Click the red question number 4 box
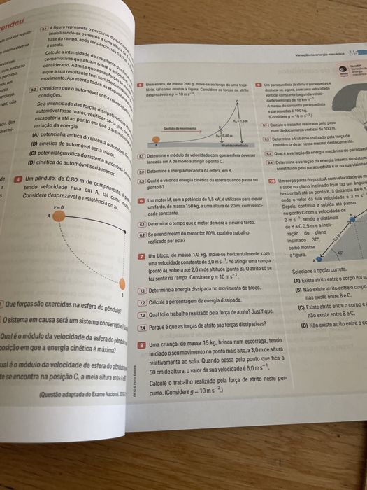click(28, 179)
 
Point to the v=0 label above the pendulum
click(59, 208)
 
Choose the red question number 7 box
click(142, 257)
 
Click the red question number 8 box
click(143, 345)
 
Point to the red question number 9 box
click(260, 101)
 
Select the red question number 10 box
click(272, 180)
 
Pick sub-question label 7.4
click(143, 327)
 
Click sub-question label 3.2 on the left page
click(32, 90)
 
